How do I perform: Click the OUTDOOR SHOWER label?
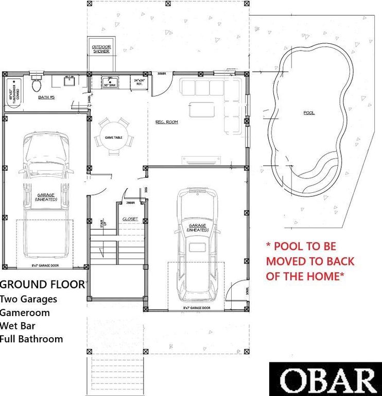101,49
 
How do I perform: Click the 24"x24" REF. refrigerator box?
140,82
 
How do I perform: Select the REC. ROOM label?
166,122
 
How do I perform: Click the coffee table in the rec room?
202,110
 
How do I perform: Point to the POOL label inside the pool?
309,112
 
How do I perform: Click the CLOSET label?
130,219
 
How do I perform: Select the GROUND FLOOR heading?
42,284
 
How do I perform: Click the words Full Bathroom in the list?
31,339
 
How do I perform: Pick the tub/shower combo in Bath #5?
14,92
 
